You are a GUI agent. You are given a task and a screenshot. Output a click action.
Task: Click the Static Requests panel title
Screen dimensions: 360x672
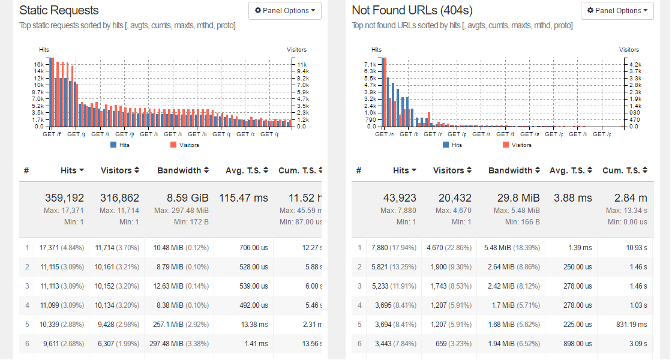(x=59, y=10)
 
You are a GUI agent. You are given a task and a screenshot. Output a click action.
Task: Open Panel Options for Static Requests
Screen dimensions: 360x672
(x=285, y=11)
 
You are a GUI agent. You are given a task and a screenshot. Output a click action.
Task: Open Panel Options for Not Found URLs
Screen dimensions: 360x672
(x=617, y=11)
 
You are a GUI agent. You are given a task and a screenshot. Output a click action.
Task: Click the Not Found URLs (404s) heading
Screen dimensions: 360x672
(x=412, y=10)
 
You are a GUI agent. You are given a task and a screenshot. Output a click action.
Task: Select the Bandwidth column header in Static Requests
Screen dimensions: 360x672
(x=182, y=170)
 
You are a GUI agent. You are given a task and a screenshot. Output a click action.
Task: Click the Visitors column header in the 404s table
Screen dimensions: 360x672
(x=451, y=170)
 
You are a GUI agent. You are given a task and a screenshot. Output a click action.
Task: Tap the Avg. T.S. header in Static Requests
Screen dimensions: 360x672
(x=247, y=170)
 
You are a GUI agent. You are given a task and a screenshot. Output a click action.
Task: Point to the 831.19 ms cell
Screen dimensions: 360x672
(x=626, y=325)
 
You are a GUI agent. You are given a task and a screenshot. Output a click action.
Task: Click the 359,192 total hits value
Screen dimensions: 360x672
(x=64, y=198)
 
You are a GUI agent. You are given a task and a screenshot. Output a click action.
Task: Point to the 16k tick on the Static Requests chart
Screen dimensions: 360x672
(x=38, y=64)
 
